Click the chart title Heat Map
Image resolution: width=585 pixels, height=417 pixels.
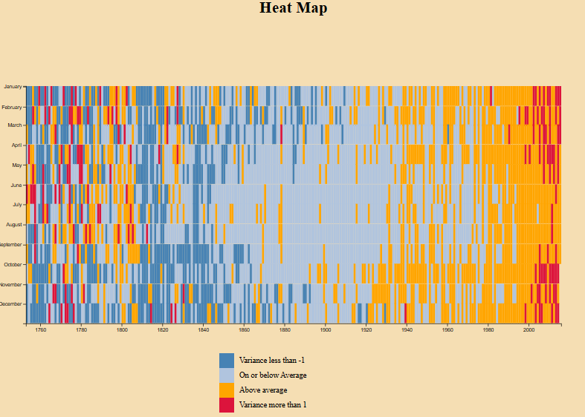[293, 9]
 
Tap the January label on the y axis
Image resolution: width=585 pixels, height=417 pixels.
[13, 87]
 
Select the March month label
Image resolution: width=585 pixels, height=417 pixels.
[15, 125]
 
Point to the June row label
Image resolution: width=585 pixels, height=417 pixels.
[16, 185]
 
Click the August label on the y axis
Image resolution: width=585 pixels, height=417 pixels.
[14, 224]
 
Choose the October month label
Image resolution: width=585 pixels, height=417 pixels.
[13, 264]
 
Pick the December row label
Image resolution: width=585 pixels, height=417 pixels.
[11, 304]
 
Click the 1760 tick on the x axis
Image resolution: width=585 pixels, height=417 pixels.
[41, 330]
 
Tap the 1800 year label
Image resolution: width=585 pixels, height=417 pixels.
[122, 330]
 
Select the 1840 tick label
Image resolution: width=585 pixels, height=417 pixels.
[203, 330]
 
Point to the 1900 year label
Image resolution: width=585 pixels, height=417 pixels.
[326, 330]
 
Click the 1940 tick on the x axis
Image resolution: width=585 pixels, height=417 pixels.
[407, 330]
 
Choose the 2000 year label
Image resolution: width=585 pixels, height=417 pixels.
[529, 330]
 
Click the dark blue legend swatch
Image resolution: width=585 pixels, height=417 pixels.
[227, 360]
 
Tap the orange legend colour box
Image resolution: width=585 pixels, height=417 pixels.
[227, 390]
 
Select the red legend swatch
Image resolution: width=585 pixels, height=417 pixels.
[227, 404]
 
